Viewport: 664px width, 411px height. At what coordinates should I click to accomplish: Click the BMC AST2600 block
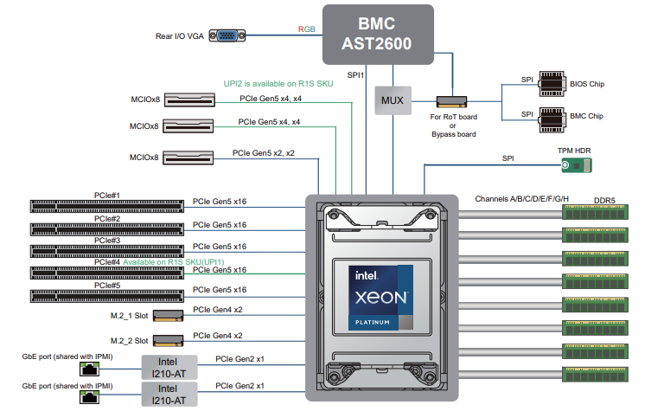pyautogui.click(x=378, y=35)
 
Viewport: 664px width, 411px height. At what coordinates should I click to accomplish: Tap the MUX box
pyautogui.click(x=393, y=100)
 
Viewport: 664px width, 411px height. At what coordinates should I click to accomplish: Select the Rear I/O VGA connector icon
pyautogui.click(x=227, y=35)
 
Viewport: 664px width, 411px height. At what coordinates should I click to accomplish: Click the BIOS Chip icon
pyautogui.click(x=552, y=84)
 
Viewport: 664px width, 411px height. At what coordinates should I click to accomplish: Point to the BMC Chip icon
pyautogui.click(x=552, y=120)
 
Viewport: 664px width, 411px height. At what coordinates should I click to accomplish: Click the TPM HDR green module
pyautogui.click(x=577, y=165)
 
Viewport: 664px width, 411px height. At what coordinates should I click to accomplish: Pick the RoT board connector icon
pyautogui.click(x=451, y=102)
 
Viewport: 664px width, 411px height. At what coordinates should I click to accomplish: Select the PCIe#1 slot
pyautogui.click(x=106, y=206)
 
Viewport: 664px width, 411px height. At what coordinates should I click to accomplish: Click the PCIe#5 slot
pyautogui.click(x=106, y=296)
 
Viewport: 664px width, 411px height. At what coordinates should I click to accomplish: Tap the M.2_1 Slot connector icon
pyautogui.click(x=168, y=316)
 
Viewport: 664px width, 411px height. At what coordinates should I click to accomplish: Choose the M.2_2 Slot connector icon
pyautogui.click(x=168, y=341)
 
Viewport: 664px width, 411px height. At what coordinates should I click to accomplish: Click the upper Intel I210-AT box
pyautogui.click(x=169, y=368)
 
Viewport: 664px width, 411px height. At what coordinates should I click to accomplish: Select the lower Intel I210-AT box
pyautogui.click(x=169, y=394)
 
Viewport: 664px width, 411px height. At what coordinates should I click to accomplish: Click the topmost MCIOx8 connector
pyautogui.click(x=189, y=100)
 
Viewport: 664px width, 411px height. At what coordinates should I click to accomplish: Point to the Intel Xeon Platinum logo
pyautogui.click(x=380, y=298)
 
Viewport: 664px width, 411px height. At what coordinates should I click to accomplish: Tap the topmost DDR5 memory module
pyautogui.click(x=595, y=212)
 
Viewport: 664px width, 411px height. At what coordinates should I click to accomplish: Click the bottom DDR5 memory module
pyautogui.click(x=595, y=375)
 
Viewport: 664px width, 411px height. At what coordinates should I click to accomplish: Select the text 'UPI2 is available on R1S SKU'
pyautogui.click(x=278, y=84)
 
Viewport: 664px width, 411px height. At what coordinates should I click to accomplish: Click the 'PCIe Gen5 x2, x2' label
pyautogui.click(x=264, y=153)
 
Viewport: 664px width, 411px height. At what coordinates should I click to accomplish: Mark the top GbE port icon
pyautogui.click(x=89, y=369)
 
